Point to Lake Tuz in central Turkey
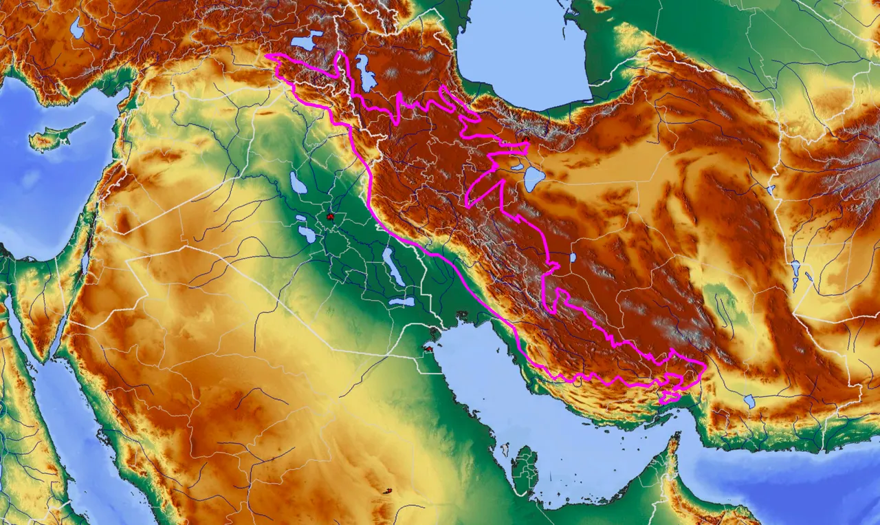(76, 28)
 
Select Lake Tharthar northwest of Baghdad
(298, 183)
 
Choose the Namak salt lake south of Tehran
(533, 178)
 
